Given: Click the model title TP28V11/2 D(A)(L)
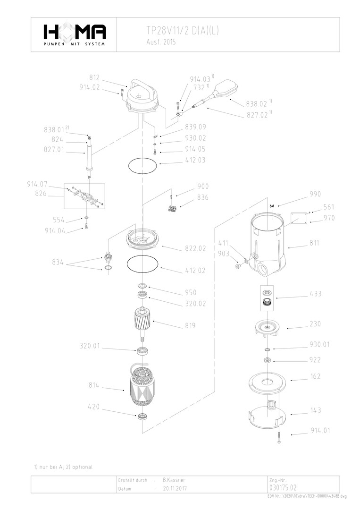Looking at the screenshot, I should [183, 31].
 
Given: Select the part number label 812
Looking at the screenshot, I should [94, 77].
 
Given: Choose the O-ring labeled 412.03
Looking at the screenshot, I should [142, 165].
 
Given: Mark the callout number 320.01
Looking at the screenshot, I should [89, 346].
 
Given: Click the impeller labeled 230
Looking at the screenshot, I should [268, 327].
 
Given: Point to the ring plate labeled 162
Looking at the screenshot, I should [267, 382].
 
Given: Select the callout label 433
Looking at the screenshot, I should [316, 294].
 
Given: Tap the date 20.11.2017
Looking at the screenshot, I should [175, 489].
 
